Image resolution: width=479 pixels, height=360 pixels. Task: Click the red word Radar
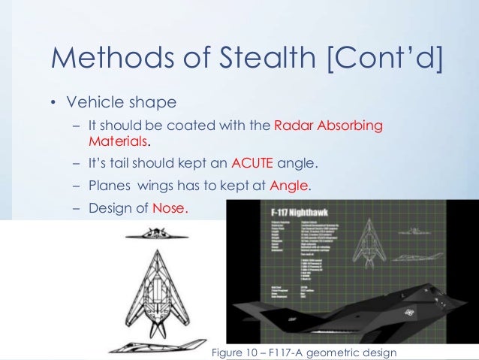(x=294, y=126)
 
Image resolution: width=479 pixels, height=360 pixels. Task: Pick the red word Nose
(x=170, y=209)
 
